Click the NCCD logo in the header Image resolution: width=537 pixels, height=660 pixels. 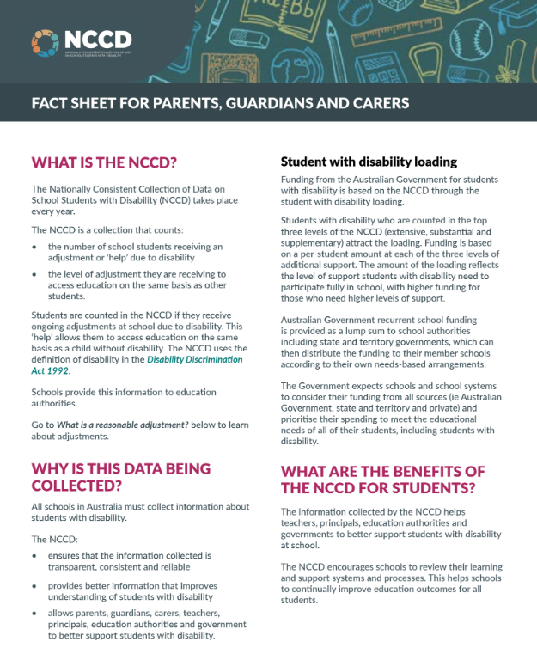coord(81,40)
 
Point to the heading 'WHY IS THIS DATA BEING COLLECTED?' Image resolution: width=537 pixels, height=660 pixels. coord(121,477)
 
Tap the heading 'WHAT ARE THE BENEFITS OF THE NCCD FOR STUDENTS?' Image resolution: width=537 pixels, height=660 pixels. coord(383,480)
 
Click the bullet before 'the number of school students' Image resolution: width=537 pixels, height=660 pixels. coord(34,247)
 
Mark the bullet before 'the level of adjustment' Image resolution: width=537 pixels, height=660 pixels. coord(34,274)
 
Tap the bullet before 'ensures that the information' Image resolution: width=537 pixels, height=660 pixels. coord(34,556)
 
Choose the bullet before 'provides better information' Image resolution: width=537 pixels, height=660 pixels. coord(34,586)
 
